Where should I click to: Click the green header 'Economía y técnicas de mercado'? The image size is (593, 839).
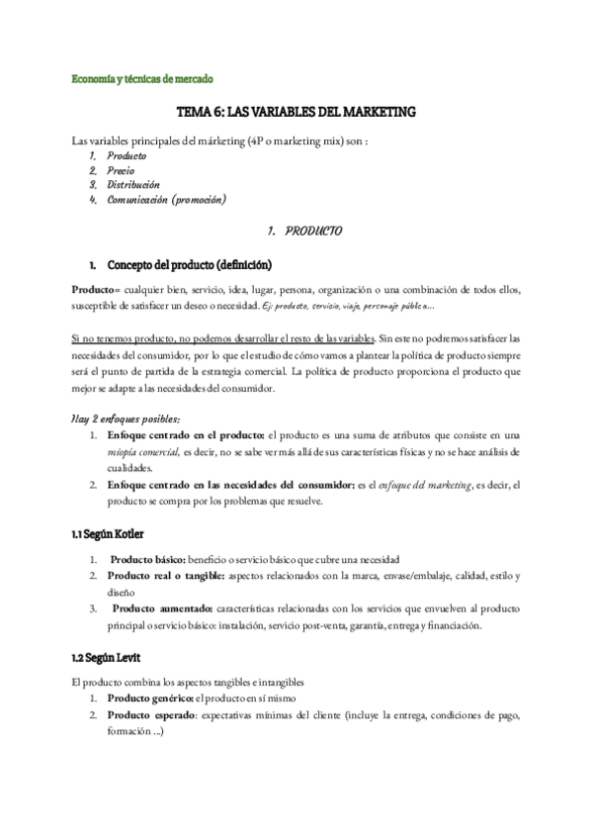(x=143, y=77)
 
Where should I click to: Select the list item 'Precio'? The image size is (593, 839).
(x=122, y=170)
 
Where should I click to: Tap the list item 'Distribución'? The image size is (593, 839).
(x=132, y=184)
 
